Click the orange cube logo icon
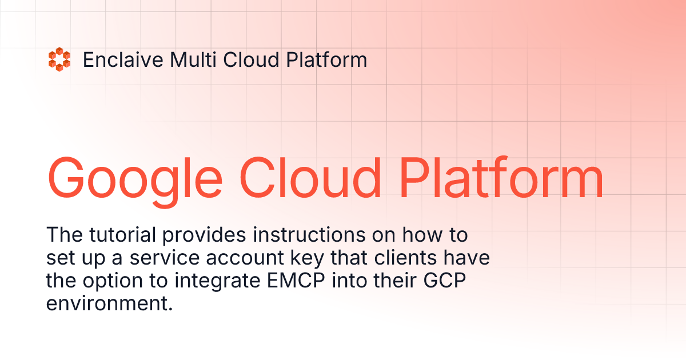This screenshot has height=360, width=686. tap(59, 60)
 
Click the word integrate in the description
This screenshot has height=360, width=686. tap(206, 282)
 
